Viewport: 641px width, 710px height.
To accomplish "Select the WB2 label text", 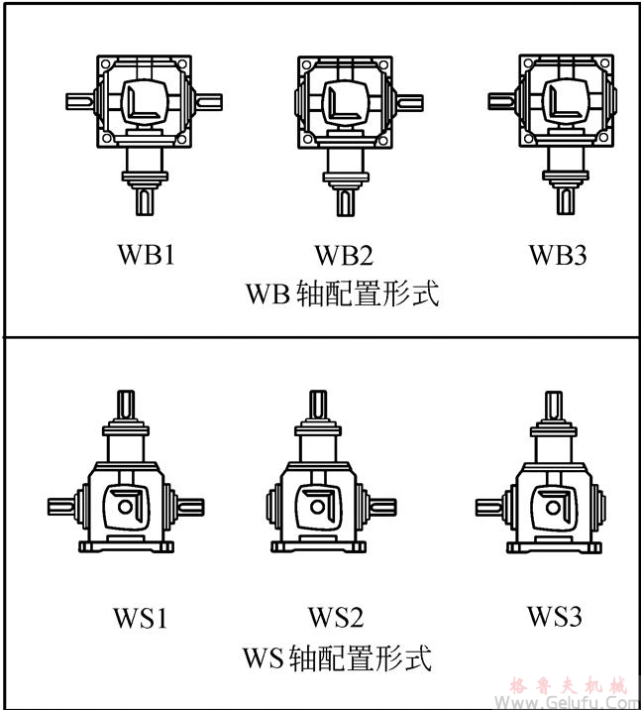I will point(343,256).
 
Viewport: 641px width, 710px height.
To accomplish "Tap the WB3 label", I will point(558,256).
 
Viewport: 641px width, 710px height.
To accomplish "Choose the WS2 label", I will point(336,617).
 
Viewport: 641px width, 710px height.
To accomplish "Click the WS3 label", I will point(553,616).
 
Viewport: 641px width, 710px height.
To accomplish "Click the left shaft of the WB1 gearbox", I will point(79,100).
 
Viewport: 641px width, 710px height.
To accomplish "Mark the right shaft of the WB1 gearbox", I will point(210,100).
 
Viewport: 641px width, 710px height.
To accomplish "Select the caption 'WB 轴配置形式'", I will point(341,295).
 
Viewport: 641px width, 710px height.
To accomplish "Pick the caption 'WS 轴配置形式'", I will point(337,657).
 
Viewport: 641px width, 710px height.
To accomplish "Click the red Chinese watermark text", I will point(569,685).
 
